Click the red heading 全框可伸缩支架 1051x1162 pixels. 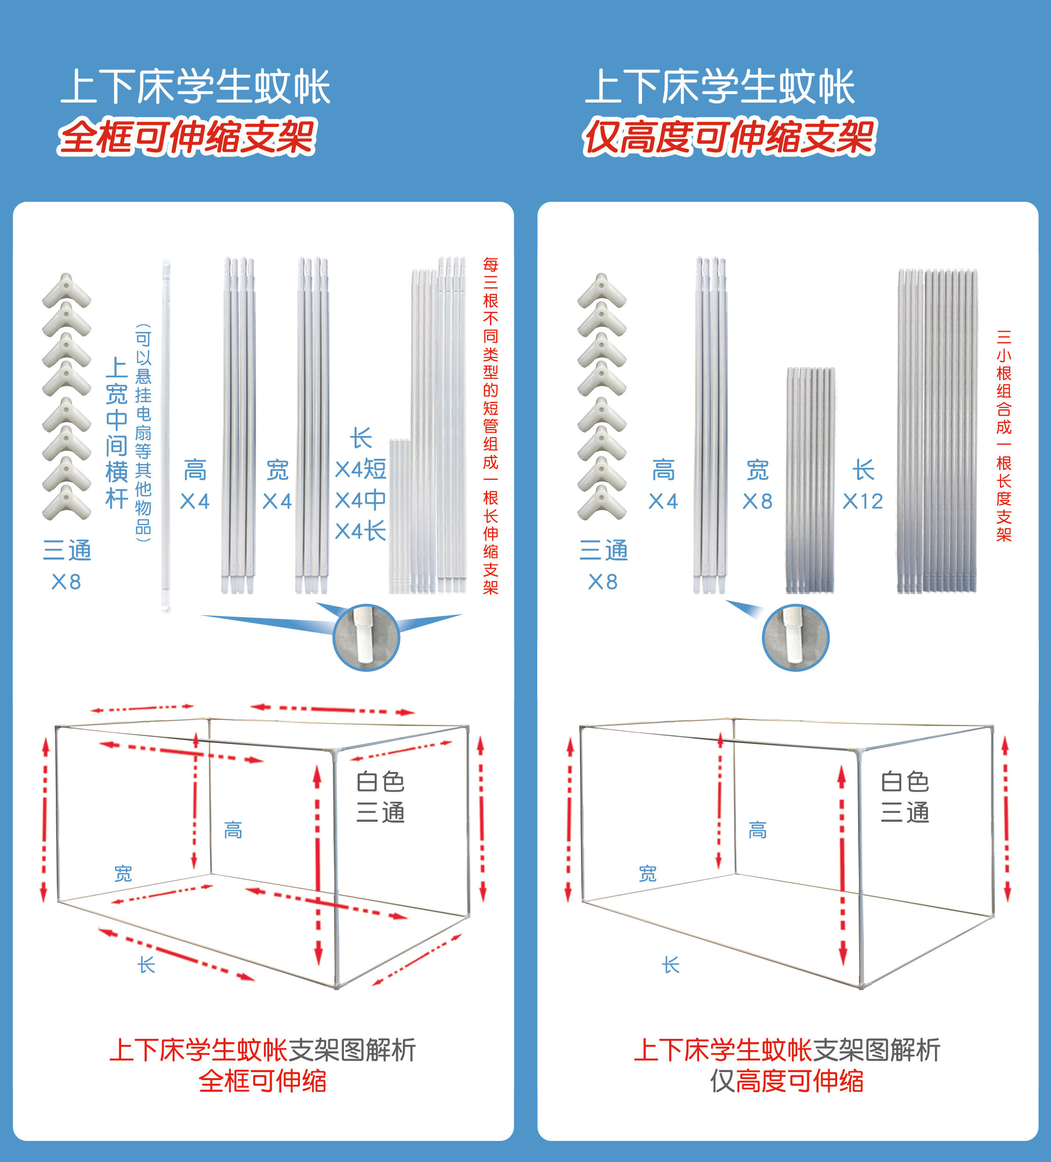pos(187,137)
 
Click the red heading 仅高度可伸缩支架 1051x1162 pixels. pos(729,137)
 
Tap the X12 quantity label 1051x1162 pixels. pos(862,501)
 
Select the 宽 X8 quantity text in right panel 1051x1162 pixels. pos(757,485)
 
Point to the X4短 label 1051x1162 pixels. pos(361,469)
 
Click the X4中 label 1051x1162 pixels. pos(361,500)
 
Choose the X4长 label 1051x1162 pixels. pos(361,531)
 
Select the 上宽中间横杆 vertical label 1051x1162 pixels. pos(117,432)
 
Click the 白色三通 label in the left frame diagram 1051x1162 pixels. pos(380,797)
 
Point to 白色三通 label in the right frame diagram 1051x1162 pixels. pos(905,797)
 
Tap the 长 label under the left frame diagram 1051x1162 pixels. pos(146,964)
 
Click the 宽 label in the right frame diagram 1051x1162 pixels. pos(648,874)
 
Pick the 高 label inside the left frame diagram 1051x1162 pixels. pos(233,830)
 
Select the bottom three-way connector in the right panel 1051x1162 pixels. pos(602,503)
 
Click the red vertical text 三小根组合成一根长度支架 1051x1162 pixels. pos(1004,435)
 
